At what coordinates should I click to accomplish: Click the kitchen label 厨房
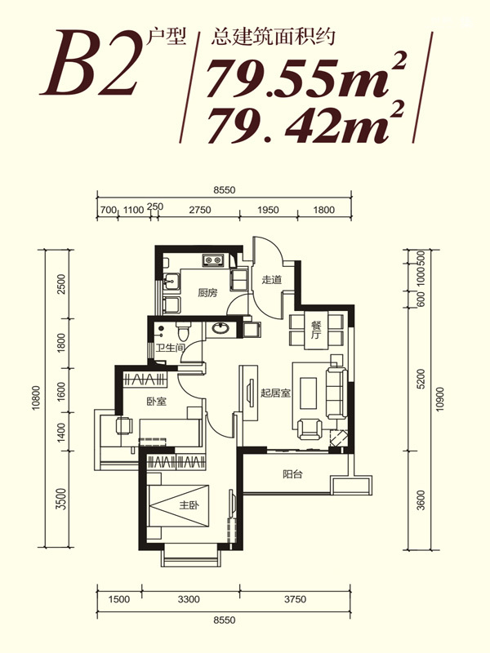(x=207, y=293)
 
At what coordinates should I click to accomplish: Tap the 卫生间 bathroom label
(x=170, y=348)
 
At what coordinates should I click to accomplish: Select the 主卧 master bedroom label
(x=189, y=505)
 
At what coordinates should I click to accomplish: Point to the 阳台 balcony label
(x=292, y=474)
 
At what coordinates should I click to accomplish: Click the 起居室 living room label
(x=275, y=393)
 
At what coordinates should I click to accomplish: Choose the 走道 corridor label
(x=272, y=280)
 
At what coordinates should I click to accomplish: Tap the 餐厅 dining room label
(x=315, y=330)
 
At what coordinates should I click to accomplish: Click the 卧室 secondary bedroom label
(x=156, y=402)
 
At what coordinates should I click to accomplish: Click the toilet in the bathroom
(x=182, y=331)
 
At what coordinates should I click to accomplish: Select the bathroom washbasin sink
(x=220, y=329)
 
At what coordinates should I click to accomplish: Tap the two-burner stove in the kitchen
(x=213, y=260)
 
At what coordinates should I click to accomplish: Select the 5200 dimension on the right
(x=421, y=379)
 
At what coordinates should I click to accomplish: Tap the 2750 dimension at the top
(x=200, y=211)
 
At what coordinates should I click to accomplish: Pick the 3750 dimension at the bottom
(x=295, y=599)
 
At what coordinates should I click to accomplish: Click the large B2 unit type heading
(x=90, y=63)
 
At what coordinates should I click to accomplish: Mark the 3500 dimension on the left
(x=61, y=500)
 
